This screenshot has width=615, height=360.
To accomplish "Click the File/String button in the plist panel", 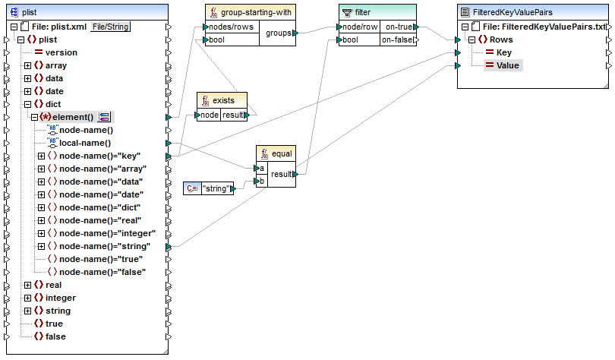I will (x=110, y=27).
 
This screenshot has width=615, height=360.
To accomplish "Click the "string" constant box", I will (x=216, y=188).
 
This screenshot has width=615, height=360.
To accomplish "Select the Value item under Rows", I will (x=507, y=65).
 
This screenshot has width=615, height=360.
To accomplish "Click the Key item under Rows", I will (x=503, y=52).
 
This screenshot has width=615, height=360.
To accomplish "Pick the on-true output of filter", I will (x=398, y=27).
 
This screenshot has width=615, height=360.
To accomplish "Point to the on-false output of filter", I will (x=398, y=39).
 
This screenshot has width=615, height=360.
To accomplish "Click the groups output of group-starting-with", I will (x=278, y=33).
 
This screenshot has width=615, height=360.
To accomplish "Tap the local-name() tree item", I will (x=85, y=142).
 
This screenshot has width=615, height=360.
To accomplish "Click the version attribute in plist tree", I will (x=61, y=52).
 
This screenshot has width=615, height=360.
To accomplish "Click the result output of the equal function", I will (x=282, y=174).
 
